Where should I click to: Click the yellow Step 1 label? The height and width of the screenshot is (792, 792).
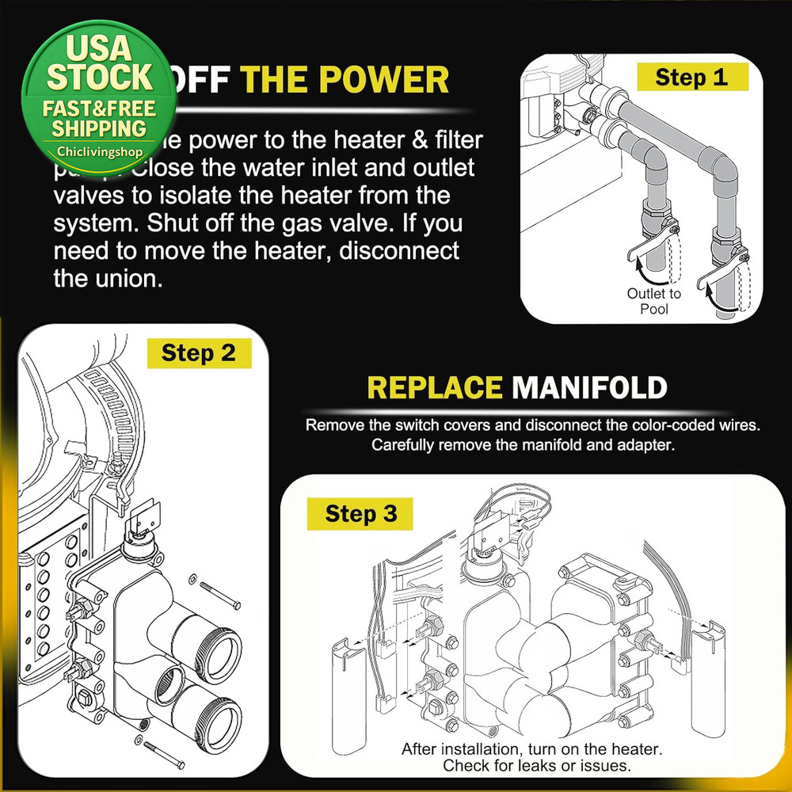pyautogui.click(x=691, y=77)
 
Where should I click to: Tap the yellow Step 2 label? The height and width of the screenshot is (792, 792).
pyautogui.click(x=199, y=352)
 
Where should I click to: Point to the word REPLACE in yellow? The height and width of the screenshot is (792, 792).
pyautogui.click(x=435, y=387)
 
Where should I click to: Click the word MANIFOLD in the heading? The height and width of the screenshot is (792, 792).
pyautogui.click(x=588, y=387)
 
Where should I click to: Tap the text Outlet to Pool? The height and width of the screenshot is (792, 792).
pyautogui.click(x=653, y=301)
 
